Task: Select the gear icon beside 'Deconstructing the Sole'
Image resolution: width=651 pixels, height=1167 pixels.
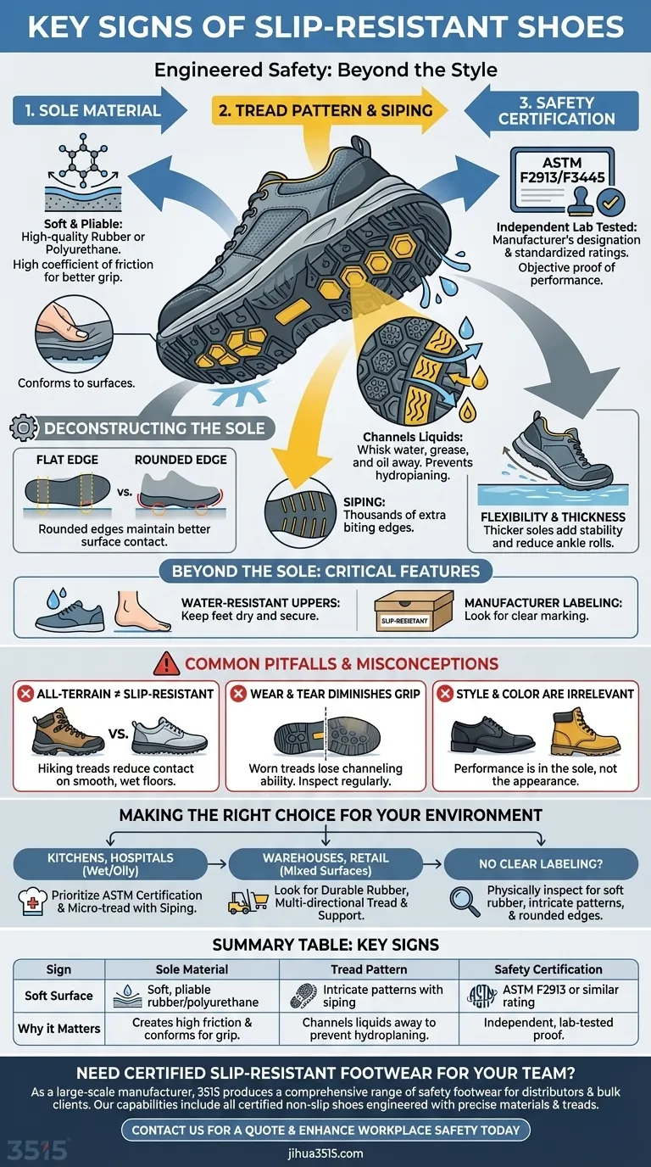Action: [x=24, y=428]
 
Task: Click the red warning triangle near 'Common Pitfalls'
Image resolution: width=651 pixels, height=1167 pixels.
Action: [x=167, y=663]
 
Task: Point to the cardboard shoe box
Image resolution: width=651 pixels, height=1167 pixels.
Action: [x=414, y=610]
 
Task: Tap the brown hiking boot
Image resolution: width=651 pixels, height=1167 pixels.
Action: [x=67, y=731]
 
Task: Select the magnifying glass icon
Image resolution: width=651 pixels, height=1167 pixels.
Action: [x=465, y=902]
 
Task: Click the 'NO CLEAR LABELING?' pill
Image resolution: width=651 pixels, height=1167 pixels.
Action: [x=541, y=863]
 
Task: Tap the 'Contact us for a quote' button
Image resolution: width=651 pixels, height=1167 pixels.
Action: [x=325, y=1130]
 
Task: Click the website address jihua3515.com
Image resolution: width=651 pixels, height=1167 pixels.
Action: [x=325, y=1153]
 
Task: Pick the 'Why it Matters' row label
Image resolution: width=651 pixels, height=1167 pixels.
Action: [x=58, y=1029]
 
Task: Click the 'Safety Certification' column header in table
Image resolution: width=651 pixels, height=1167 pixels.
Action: [x=548, y=969]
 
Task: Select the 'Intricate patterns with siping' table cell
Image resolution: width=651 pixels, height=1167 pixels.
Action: [x=369, y=996]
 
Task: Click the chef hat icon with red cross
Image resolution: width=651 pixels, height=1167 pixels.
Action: [x=32, y=902]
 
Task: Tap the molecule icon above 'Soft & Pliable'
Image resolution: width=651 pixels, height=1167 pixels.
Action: [x=82, y=160]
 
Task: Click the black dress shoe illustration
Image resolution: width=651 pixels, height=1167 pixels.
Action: [x=492, y=735]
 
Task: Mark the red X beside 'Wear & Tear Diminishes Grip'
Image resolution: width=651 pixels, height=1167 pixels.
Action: [x=238, y=694]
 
